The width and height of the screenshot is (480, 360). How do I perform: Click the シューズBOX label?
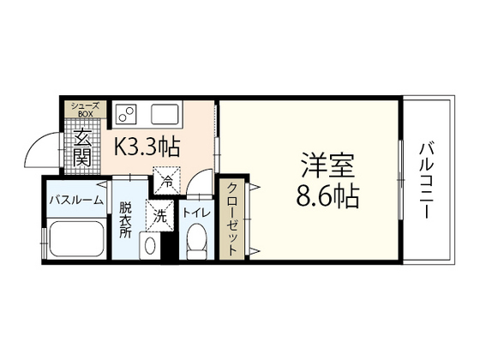[84, 108]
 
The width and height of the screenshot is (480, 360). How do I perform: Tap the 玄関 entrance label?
[83, 147]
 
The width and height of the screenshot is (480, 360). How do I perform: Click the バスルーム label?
[75, 200]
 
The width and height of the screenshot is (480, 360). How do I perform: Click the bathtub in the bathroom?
[75, 239]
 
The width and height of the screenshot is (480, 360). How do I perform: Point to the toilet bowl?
[196, 241]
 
